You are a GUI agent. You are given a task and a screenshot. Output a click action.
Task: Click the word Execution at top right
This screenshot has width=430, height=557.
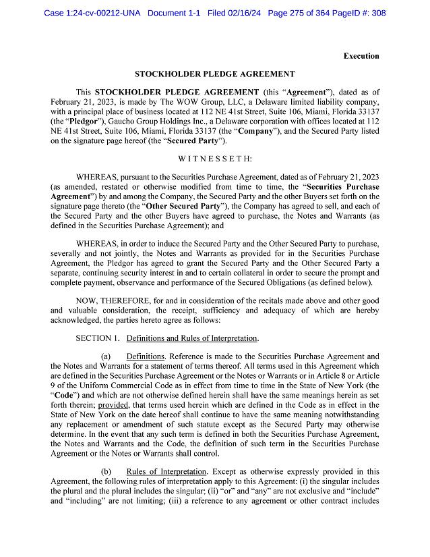[361, 56]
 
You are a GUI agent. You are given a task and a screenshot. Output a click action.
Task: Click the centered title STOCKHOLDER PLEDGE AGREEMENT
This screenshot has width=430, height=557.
[214, 74]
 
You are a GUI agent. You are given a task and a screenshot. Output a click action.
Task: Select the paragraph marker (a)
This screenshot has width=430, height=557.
[106, 356]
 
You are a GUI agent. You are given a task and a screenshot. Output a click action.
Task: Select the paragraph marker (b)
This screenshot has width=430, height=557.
[106, 471]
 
